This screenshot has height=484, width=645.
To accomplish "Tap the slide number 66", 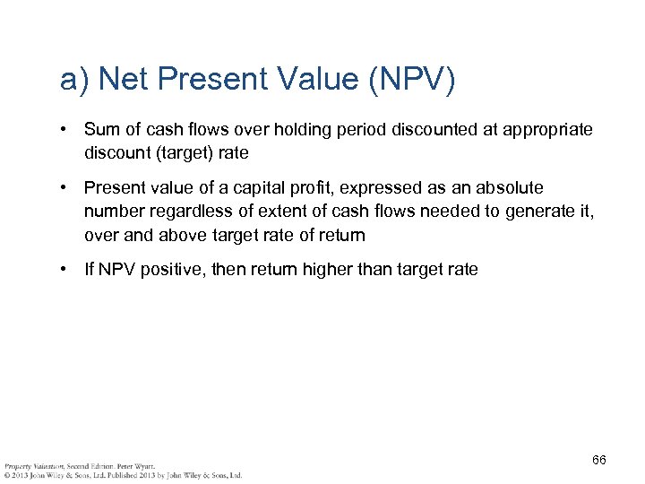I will click(x=599, y=460).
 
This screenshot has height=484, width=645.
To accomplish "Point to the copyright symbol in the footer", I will click(x=6, y=475).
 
